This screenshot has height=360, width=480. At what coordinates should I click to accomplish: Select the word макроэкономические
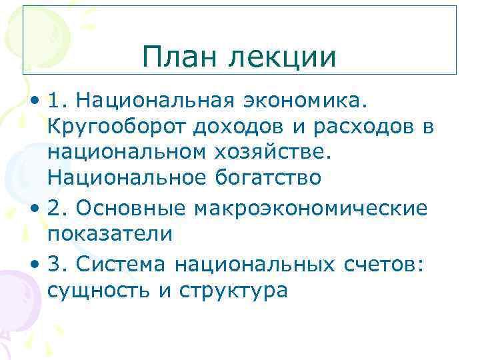point(311,209)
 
